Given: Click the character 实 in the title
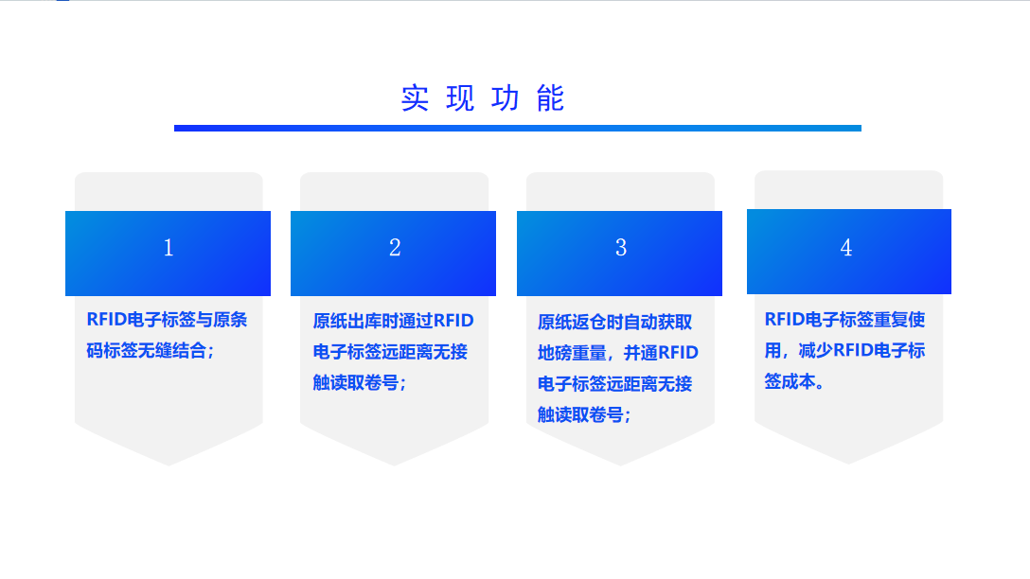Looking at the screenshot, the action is (x=416, y=98).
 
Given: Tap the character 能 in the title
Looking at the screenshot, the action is (x=550, y=98).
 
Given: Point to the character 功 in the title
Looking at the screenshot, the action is (x=506, y=98).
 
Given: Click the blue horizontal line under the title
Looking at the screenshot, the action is (x=518, y=128).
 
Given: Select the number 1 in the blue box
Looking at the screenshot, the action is (x=169, y=248).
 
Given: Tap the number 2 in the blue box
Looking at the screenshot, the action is (x=394, y=248).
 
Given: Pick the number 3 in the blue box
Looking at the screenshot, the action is (x=621, y=248).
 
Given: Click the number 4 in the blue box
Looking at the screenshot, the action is (x=846, y=248).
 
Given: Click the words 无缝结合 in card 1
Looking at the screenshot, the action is (x=172, y=351).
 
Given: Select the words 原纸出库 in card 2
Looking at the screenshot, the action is (x=346, y=321).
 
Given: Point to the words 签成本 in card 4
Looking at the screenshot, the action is (x=790, y=381).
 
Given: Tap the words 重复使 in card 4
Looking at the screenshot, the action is (x=899, y=319).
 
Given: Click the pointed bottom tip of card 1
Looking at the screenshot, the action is (x=169, y=465).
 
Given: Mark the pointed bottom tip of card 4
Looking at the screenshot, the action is (x=848, y=464).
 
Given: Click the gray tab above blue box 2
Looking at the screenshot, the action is (x=394, y=192).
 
